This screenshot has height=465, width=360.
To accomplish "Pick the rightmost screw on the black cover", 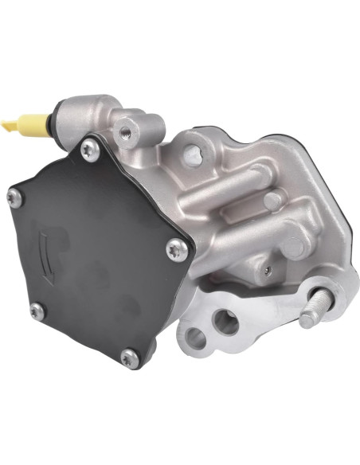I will pyautogui.click(x=178, y=250).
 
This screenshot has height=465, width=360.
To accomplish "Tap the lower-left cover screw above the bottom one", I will pyautogui.click(x=35, y=308).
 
